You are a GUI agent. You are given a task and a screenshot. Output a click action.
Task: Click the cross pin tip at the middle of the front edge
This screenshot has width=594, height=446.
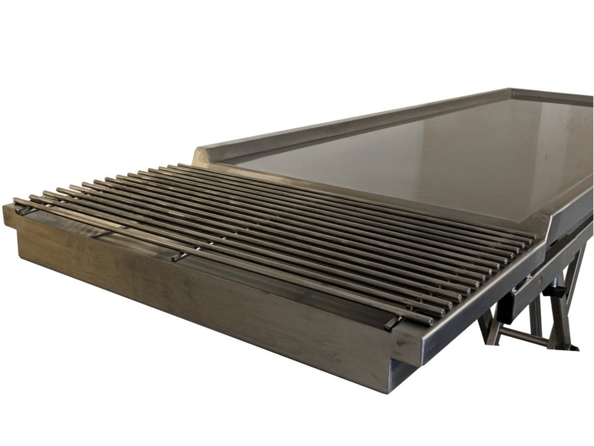176,258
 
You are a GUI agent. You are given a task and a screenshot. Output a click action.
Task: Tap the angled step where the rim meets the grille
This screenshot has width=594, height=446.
205,151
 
